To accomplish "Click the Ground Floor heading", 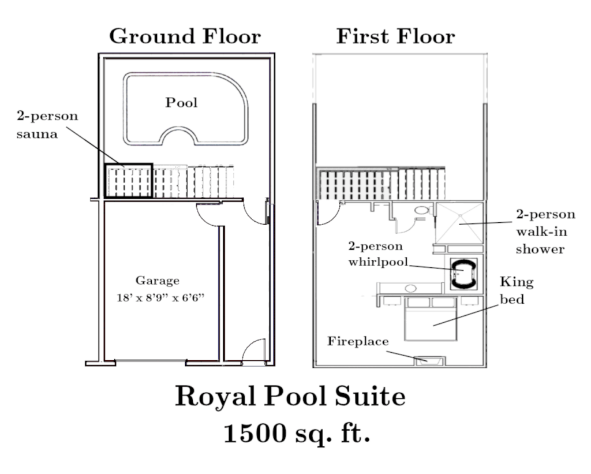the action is point(185,36).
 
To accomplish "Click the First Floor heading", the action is point(395,36).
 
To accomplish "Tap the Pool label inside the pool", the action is point(181,103).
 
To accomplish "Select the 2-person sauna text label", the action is point(47,125).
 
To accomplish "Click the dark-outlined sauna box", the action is point(129,181).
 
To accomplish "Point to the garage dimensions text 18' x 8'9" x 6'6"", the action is point(160,298).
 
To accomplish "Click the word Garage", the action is point(158,281).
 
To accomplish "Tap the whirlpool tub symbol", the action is point(463,274).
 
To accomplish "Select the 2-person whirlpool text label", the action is point(378,254).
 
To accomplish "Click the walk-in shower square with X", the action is point(459,223).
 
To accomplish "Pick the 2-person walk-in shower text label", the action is point(545,232).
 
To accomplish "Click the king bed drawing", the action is point(431,319).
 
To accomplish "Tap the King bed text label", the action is point(517,290).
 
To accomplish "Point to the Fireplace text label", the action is point(358,341).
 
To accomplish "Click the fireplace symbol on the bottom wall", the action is point(430,361).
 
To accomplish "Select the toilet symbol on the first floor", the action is point(421,211).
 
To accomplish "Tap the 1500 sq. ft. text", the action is point(297,433).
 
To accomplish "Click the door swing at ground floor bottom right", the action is point(253,352).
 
